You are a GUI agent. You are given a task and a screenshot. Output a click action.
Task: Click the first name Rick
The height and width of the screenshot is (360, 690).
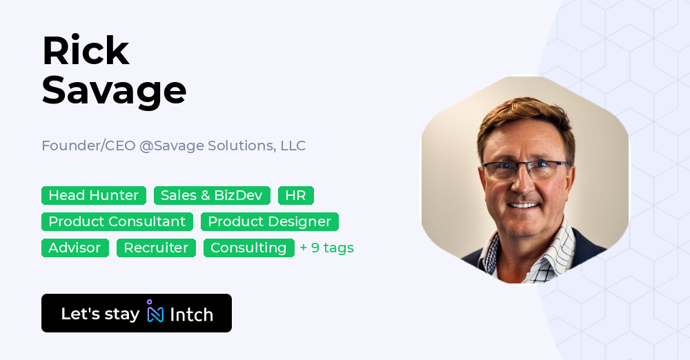point(86,52)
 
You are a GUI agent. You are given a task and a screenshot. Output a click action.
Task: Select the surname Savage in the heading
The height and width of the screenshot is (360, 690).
point(114,90)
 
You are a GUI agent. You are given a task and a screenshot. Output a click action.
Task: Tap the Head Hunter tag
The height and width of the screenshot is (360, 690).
point(94,196)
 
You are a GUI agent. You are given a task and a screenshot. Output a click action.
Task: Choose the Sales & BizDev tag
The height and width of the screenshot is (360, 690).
point(212,196)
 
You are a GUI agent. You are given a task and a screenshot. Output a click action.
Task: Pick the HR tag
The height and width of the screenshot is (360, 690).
point(295,196)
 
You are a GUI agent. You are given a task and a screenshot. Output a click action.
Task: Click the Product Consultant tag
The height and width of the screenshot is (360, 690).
point(117,222)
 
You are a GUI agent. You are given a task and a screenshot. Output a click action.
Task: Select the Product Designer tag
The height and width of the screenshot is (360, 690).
point(270,222)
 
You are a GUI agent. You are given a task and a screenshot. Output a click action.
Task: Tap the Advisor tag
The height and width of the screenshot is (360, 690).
point(75,248)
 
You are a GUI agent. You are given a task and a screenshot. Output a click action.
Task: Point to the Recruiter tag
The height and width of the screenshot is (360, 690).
point(156,248)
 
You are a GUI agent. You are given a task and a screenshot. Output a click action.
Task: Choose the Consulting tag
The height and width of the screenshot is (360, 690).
point(248,248)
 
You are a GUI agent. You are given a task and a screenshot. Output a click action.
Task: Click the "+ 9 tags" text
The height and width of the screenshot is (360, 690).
point(326,248)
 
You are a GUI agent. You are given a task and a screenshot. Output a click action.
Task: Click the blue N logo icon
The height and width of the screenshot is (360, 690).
point(155,313)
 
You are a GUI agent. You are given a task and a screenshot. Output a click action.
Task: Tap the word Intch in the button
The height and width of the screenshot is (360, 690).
point(191,314)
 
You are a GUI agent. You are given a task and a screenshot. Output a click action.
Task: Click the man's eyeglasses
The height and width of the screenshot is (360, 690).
point(525,170)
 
